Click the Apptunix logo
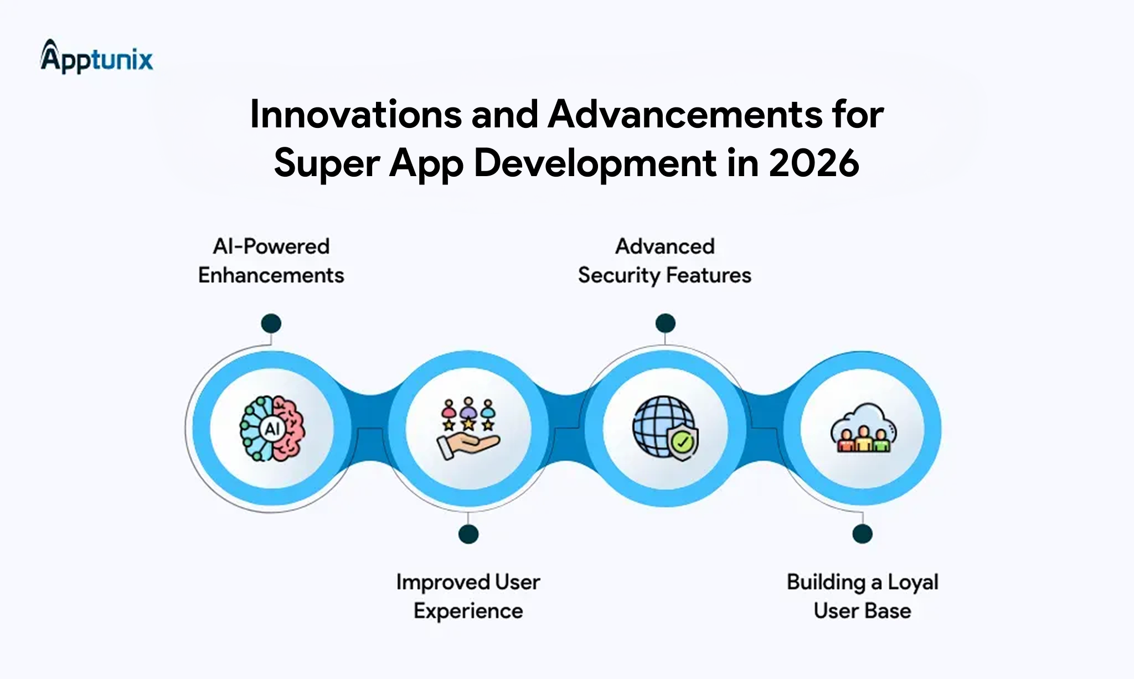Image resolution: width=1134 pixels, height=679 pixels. [x=97, y=57]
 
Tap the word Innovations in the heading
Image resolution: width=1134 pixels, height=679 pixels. [x=355, y=115]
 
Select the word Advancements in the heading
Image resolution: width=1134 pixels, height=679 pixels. [x=685, y=115]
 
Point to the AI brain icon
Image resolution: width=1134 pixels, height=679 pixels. [x=272, y=429]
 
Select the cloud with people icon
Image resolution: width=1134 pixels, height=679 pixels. [x=863, y=428]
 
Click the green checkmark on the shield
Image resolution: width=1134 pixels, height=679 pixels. [x=683, y=442]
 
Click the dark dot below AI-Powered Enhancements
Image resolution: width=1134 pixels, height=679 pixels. [x=271, y=323]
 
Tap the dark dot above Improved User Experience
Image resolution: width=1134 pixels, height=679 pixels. [x=468, y=534]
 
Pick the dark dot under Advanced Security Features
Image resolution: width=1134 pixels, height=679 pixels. [x=665, y=323]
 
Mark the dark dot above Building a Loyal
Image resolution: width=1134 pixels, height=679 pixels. [x=862, y=534]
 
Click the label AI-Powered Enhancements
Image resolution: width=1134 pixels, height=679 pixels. [x=271, y=261]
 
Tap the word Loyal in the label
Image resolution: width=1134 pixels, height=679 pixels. [x=913, y=582]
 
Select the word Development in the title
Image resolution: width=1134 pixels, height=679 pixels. [x=596, y=163]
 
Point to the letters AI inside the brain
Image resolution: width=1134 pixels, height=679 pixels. [x=272, y=429]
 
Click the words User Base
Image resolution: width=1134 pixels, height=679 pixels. [x=862, y=611]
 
